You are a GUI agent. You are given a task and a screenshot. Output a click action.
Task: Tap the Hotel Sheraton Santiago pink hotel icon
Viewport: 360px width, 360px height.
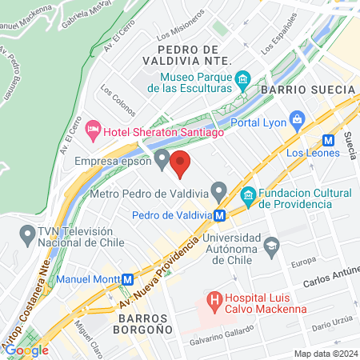(94, 128)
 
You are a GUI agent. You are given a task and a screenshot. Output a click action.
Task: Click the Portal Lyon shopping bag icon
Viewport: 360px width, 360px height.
(297, 122)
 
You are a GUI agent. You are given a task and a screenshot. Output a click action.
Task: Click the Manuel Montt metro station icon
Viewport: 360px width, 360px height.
(126, 279)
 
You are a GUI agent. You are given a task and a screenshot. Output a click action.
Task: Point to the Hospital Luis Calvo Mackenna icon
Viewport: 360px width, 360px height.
(214, 301)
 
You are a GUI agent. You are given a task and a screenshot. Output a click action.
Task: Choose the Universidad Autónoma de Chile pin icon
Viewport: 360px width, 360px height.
(271, 244)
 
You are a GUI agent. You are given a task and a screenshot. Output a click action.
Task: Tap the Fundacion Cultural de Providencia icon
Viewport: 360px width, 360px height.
(248, 194)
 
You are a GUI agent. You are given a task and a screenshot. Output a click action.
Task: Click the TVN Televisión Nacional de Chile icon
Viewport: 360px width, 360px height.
(25, 235)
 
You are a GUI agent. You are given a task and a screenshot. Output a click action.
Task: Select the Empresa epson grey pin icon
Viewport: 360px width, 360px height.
(162, 161)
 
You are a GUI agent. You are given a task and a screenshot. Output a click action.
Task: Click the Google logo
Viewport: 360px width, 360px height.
(26, 350)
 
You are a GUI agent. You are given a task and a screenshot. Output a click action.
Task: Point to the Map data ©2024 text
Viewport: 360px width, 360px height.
(323, 354)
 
